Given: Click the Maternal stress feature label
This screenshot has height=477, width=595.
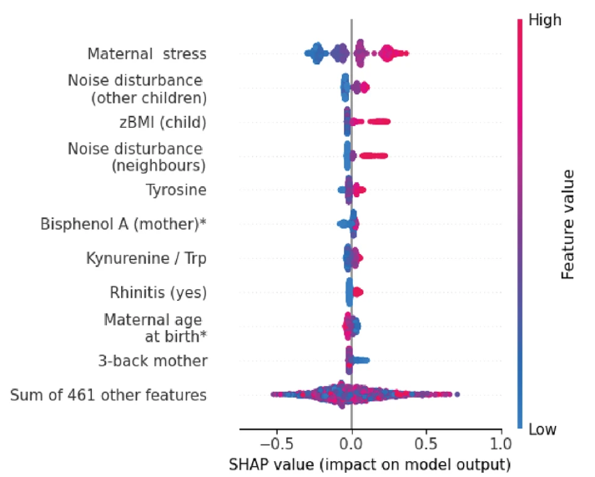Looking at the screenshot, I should coord(147,55).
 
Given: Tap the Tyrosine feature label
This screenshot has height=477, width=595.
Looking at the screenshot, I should coord(176,190).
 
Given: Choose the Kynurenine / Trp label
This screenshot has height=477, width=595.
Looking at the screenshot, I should coord(146,258).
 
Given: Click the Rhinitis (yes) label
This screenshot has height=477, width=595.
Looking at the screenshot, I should coord(158,292).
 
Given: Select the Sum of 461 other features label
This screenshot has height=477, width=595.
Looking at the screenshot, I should coord(108,395).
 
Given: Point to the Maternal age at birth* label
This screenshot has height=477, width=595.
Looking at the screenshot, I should coord(155,327).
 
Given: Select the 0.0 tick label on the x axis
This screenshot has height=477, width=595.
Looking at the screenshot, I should coord(351,441).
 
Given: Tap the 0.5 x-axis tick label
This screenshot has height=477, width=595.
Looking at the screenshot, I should coord(426,441).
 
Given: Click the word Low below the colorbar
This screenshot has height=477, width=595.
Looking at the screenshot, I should coord(542,429).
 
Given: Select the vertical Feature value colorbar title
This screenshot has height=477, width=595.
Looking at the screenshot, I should coord(567,224).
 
